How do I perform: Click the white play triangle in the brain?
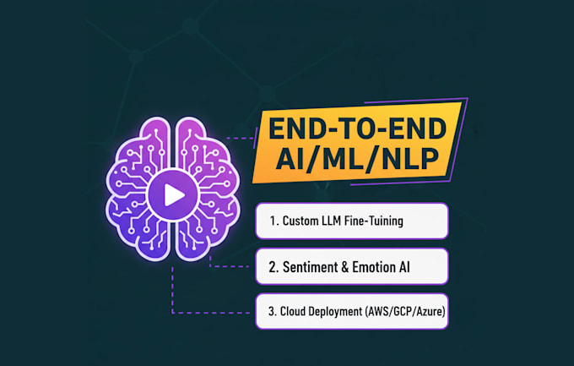click(x=174, y=194)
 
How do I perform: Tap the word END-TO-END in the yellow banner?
click(x=358, y=128)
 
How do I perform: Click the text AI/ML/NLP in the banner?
click(x=357, y=159)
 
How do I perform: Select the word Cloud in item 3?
click(x=293, y=311)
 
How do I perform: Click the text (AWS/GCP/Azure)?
click(x=405, y=312)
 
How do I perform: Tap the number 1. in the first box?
click(x=274, y=221)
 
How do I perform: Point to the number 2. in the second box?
click(x=273, y=267)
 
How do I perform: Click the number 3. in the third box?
click(x=273, y=311)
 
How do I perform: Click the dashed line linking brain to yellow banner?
click(x=240, y=139)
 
